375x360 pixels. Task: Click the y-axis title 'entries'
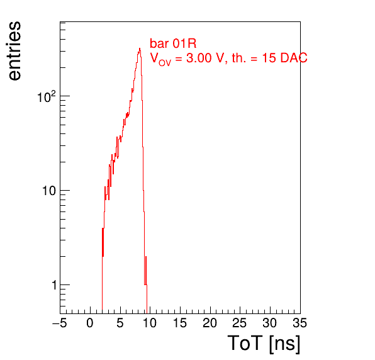pos(15,51)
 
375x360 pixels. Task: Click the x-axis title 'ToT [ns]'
pos(264,344)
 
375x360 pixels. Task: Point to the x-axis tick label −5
pos(60,323)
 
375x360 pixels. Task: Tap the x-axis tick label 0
pos(90,323)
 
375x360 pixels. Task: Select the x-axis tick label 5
pos(120,323)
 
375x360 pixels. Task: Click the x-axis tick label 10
pos(150,323)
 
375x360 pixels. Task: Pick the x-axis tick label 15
pos(180,323)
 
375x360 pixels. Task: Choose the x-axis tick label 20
pos(210,323)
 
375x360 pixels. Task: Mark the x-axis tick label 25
pos(240,323)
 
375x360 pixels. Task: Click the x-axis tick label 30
pos(270,323)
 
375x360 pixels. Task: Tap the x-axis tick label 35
pos(300,323)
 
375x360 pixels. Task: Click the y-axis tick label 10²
pos(46,97)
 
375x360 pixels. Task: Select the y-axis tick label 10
pos(49,191)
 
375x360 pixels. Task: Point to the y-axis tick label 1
pos(54,285)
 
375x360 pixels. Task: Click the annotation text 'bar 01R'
pos(173,43)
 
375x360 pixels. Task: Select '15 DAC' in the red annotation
pos(284,58)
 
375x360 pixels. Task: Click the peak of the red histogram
pos(140,48)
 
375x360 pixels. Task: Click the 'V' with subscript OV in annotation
pos(160,59)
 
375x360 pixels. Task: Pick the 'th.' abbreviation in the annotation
pos(239,58)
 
